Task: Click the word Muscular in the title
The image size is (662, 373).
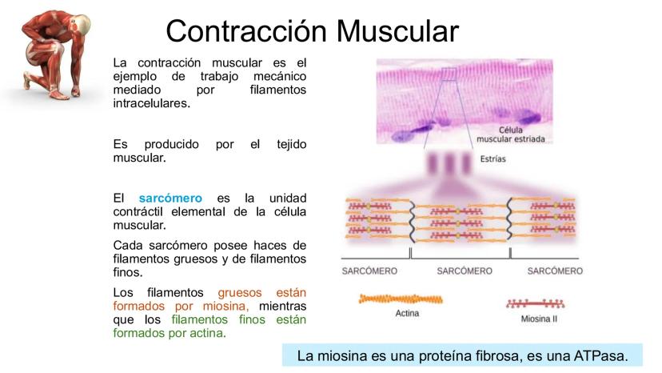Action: pyautogui.click(x=397, y=31)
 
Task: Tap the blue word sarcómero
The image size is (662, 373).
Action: pyautogui.click(x=170, y=198)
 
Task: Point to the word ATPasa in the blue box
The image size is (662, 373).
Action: pyautogui.click(x=592, y=354)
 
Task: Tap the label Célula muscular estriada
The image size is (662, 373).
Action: pyautogui.click(x=510, y=134)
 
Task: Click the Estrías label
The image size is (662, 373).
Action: pyautogui.click(x=493, y=159)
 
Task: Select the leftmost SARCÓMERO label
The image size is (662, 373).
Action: pyautogui.click(x=369, y=271)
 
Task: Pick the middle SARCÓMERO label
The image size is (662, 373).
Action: pyautogui.click(x=465, y=271)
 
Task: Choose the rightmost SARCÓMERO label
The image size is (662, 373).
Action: pyautogui.click(x=555, y=271)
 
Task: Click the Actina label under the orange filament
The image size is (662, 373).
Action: pyautogui.click(x=407, y=313)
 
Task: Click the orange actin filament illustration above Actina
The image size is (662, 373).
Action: pyautogui.click(x=400, y=299)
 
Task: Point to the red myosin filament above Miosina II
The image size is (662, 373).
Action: pyautogui.click(x=535, y=304)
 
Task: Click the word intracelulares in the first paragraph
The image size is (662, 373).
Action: pyautogui.click(x=152, y=103)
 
